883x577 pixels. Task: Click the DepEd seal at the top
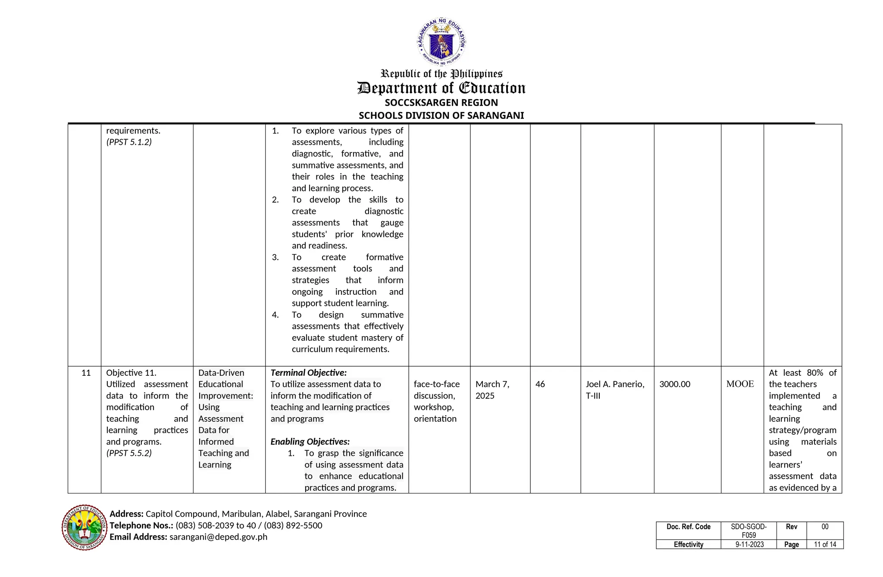pyautogui.click(x=441, y=42)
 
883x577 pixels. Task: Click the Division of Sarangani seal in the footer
pyautogui.click(x=85, y=527)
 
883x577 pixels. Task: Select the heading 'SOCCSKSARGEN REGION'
pyautogui.click(x=441, y=103)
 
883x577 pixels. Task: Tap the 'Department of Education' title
pyautogui.click(x=441, y=88)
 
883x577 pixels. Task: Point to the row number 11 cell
pyautogui.click(x=86, y=373)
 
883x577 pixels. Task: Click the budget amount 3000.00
pyautogui.click(x=674, y=384)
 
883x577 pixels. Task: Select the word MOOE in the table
pyautogui.click(x=740, y=384)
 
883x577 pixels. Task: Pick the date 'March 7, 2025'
pyautogui.click(x=492, y=390)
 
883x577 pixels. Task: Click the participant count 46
pyautogui.click(x=540, y=384)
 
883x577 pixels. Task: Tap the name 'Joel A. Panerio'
pyautogui.click(x=615, y=384)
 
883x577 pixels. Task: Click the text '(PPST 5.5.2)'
pyautogui.click(x=129, y=453)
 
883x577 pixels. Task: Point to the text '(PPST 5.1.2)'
pyautogui.click(x=129, y=142)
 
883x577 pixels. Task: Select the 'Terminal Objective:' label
pyautogui.click(x=308, y=373)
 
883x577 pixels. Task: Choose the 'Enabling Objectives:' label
pyautogui.click(x=310, y=442)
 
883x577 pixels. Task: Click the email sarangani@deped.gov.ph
pyautogui.click(x=218, y=537)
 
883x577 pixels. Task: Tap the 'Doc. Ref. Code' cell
pyautogui.click(x=688, y=527)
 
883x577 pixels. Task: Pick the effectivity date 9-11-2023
pyautogui.click(x=749, y=545)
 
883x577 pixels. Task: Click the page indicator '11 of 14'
pyautogui.click(x=825, y=545)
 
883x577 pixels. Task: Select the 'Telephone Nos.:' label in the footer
pyautogui.click(x=141, y=525)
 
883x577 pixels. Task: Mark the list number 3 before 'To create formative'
pyautogui.click(x=275, y=257)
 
